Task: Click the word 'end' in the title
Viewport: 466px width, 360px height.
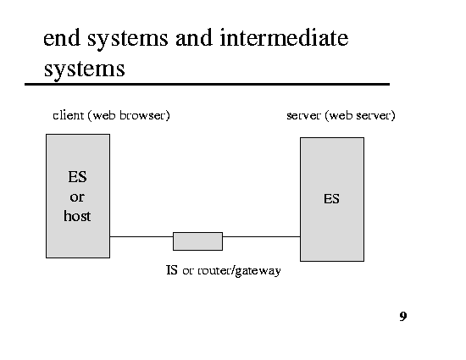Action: [62, 38]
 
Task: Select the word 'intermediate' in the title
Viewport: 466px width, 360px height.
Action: [284, 38]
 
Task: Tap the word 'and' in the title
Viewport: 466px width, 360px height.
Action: [194, 38]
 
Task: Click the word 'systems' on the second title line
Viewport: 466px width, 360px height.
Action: [85, 69]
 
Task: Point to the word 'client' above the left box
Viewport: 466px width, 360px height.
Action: [68, 115]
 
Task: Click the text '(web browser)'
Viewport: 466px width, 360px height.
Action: [129, 115]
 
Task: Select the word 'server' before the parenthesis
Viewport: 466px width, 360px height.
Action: [303, 115]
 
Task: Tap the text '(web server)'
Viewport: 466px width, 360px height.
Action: [360, 115]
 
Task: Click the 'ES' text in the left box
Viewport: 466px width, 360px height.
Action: [77, 177]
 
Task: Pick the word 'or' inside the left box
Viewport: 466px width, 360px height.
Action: [77, 197]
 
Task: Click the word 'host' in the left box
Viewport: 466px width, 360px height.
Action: [77, 216]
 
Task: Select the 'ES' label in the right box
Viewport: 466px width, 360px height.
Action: [331, 199]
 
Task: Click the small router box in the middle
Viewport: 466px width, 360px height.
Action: [197, 241]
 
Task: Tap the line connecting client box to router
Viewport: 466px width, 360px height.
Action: [141, 236]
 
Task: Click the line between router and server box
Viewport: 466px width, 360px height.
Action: [261, 236]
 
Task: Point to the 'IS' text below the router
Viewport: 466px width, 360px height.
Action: [172, 270]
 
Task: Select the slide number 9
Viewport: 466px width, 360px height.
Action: [403, 316]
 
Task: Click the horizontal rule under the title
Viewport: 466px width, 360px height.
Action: [207, 85]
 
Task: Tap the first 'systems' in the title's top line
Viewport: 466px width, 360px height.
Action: [128, 39]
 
